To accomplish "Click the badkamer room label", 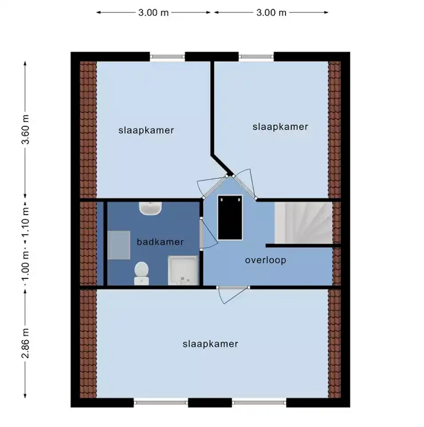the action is (x=160, y=242).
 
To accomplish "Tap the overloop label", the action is (x=266, y=260).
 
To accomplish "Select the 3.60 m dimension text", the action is (x=25, y=129).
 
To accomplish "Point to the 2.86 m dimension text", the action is (x=25, y=343).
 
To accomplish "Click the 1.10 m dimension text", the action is (x=25, y=223).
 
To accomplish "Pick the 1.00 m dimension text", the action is (x=25, y=267).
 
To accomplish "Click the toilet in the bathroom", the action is (x=141, y=273).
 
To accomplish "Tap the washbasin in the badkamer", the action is (x=151, y=209).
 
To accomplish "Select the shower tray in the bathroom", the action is (x=183, y=270).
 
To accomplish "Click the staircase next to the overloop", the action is (x=304, y=223).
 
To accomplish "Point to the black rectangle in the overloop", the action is (x=230, y=218).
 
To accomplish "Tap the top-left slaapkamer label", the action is (x=146, y=130).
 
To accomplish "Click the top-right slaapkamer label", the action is (x=280, y=127).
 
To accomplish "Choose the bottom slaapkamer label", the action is (x=210, y=344).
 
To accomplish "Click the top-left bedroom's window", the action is (x=168, y=56).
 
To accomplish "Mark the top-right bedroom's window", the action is (x=256, y=56).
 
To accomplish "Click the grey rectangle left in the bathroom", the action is (x=119, y=245).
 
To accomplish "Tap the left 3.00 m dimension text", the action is (x=153, y=12).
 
